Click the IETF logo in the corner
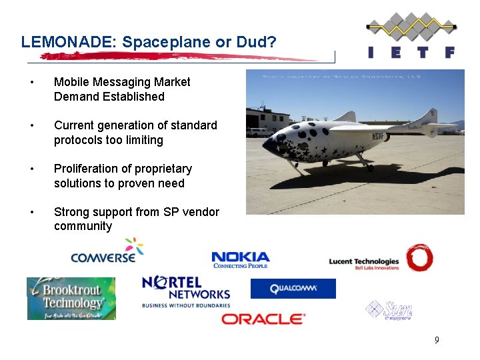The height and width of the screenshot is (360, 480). [411, 36]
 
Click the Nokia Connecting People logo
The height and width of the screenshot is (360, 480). [241, 260]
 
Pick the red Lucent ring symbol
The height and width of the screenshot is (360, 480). [420, 257]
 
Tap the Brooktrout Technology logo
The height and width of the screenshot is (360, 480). [71, 298]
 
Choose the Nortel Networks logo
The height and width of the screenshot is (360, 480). [186, 291]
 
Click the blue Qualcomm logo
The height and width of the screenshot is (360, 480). [293, 289]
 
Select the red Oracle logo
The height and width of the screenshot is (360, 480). [263, 319]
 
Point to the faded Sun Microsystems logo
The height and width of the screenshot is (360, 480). [389, 310]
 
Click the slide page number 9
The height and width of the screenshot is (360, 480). [437, 341]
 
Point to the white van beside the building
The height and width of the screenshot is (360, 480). [259, 132]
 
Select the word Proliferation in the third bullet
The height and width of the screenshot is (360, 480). [89, 169]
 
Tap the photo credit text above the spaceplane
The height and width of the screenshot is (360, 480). [342, 77]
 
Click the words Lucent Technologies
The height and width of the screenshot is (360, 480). [364, 261]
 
